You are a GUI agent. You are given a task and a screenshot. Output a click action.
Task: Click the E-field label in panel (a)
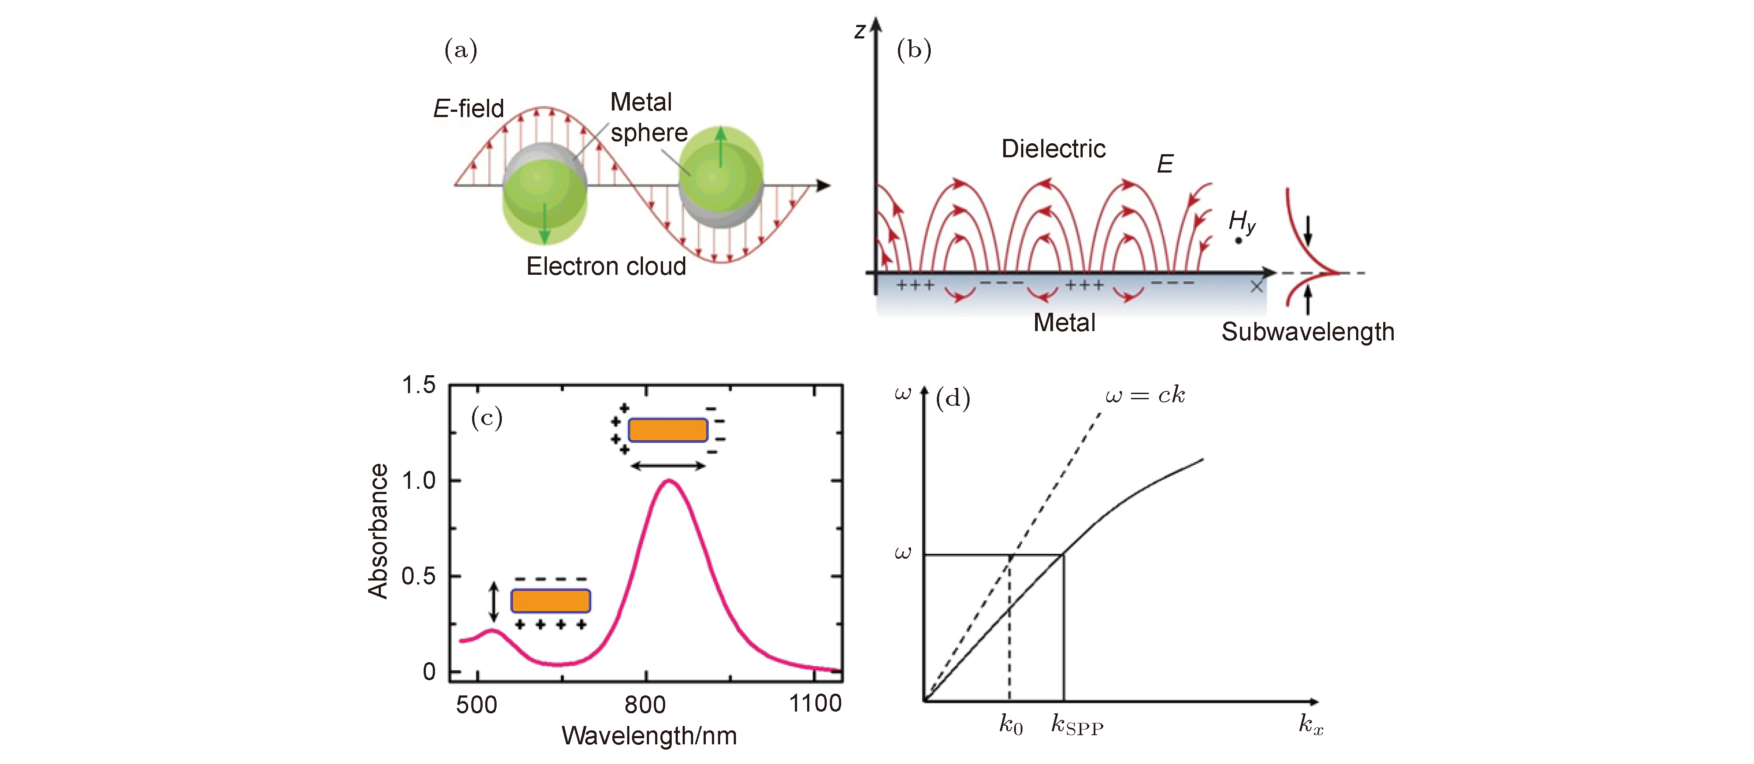click(469, 108)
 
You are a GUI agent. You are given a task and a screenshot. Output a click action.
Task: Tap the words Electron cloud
click(606, 266)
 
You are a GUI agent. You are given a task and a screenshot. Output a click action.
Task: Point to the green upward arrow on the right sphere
click(721, 147)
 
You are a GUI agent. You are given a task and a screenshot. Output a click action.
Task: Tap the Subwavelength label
click(1307, 332)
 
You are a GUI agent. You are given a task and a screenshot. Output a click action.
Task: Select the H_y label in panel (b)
click(1242, 221)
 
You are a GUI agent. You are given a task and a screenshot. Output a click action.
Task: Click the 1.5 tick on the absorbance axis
click(418, 385)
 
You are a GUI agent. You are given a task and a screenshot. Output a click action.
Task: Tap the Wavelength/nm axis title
click(649, 736)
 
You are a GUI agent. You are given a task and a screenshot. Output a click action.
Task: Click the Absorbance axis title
click(378, 531)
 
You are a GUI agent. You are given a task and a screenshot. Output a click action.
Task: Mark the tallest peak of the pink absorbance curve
click(670, 481)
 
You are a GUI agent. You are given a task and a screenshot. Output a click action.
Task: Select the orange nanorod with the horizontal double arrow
click(667, 430)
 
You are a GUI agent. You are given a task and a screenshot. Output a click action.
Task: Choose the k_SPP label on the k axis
click(1077, 725)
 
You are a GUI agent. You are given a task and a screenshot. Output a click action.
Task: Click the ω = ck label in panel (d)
click(1145, 395)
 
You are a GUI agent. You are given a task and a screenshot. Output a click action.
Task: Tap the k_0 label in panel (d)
click(1011, 725)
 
